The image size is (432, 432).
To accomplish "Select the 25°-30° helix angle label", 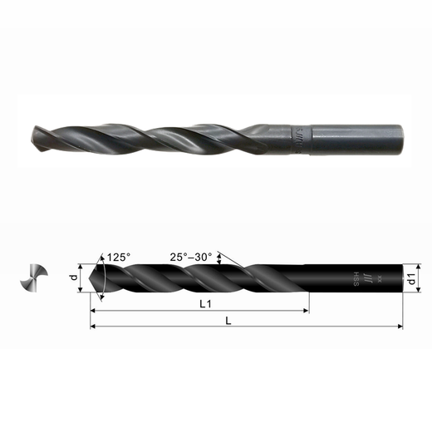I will pyautogui.click(x=192, y=257).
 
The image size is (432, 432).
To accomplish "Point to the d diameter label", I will pyautogui.click(x=73, y=278).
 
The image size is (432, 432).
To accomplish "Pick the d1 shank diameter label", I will pyautogui.click(x=411, y=281).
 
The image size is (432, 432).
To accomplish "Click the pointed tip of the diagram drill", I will pyautogui.click(x=91, y=279).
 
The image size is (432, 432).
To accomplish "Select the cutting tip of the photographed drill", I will pyautogui.click(x=34, y=137).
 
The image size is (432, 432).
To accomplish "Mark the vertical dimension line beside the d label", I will pyautogui.click(x=81, y=279).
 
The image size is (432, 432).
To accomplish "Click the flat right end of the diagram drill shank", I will pyautogui.click(x=398, y=281).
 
